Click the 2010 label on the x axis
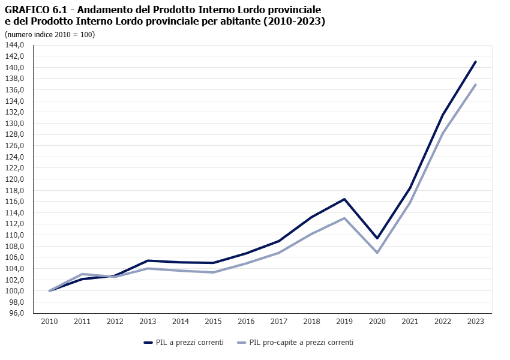[x=49, y=322]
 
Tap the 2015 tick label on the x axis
[x=213, y=322]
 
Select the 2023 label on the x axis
[x=476, y=322]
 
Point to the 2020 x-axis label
[x=377, y=322]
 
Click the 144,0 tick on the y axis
[x=14, y=45]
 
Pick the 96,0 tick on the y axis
[x=16, y=313]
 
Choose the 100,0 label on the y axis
[x=14, y=291]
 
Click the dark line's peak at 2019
[x=344, y=199]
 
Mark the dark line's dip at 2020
[x=377, y=238]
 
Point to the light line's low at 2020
[x=377, y=253]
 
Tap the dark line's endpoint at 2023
[x=476, y=61]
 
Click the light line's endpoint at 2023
[x=476, y=85]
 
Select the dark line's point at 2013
[x=148, y=260]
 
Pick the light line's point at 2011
[x=82, y=274]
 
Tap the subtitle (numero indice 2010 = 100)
[x=50, y=34]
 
